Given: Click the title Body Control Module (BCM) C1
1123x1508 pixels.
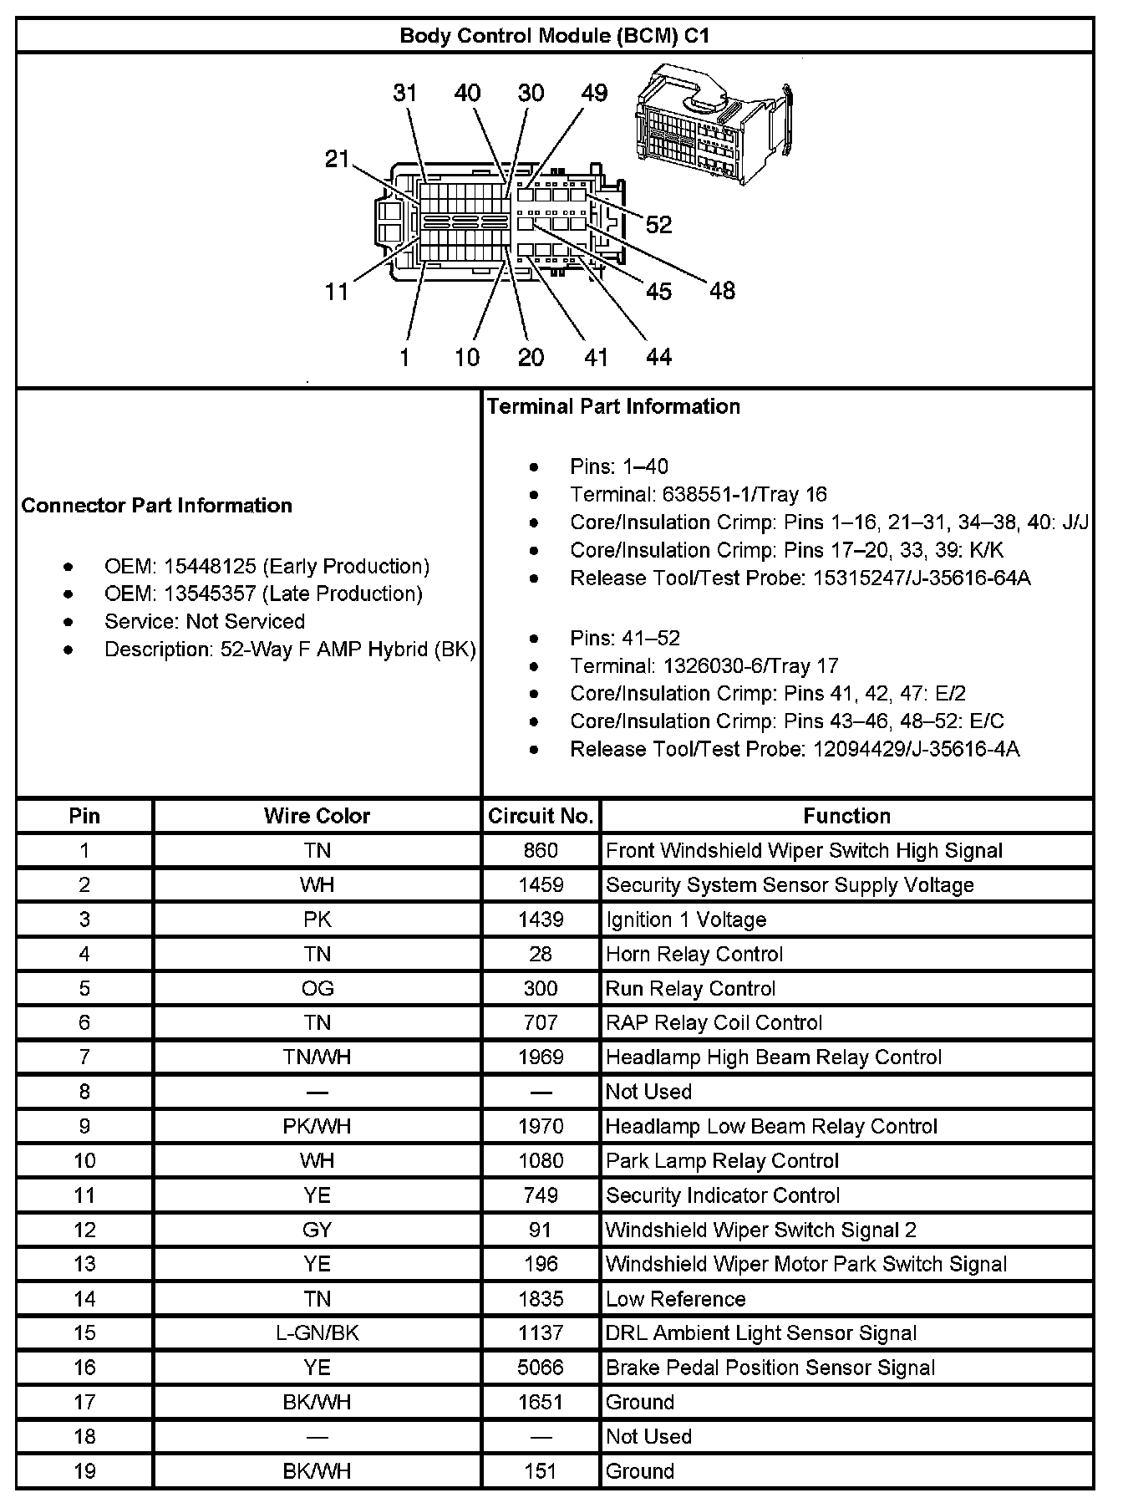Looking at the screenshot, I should tap(555, 36).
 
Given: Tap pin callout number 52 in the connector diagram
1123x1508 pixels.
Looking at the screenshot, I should tap(658, 224).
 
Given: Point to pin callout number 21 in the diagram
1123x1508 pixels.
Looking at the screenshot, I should tap(337, 158).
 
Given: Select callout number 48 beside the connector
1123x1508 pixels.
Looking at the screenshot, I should tap(722, 290).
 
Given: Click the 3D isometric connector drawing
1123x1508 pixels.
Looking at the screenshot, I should tap(714, 124).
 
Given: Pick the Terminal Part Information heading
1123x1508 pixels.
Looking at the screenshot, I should tap(613, 406).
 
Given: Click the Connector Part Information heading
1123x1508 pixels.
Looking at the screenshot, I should tap(156, 505).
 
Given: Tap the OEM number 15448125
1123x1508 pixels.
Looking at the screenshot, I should tap(209, 566).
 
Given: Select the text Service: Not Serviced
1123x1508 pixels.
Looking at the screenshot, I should tap(204, 621).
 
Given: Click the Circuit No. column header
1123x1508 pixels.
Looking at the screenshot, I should tap(541, 816).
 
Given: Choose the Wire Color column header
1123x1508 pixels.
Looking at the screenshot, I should tap(317, 816).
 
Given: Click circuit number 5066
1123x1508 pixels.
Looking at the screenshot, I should tap(541, 1368).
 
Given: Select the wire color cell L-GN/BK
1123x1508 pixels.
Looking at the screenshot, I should tap(317, 1333).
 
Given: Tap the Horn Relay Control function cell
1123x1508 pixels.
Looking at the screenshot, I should tap(694, 954).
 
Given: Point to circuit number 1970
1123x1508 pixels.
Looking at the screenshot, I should tap(541, 1126).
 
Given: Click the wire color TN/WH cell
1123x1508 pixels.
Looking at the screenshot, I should tap(317, 1057).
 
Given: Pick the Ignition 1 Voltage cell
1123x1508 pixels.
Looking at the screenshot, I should tap(685, 920).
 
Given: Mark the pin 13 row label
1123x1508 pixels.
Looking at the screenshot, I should tap(84, 1264).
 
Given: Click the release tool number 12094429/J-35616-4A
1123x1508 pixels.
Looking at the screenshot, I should tap(916, 749).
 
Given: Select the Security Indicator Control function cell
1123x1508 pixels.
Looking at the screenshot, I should tap(722, 1195).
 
